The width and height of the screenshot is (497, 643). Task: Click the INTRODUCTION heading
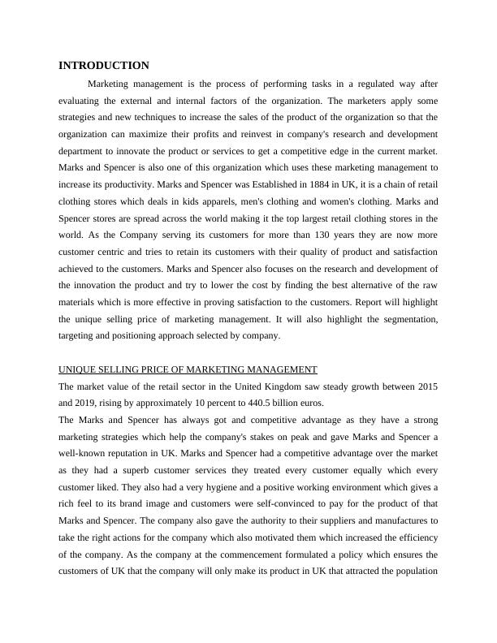click(x=104, y=65)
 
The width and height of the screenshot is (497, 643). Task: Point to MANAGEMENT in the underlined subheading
click(x=276, y=369)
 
